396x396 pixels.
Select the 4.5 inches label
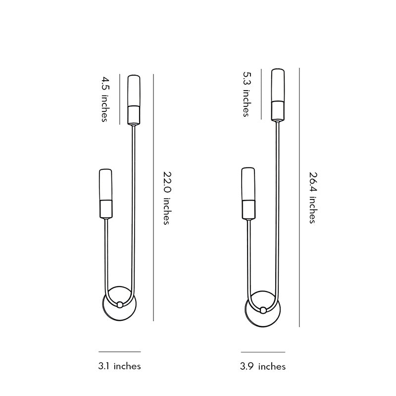(x=104, y=99)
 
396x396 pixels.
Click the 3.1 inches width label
(x=119, y=366)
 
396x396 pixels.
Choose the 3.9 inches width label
(x=263, y=367)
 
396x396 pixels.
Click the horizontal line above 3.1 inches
(x=119, y=351)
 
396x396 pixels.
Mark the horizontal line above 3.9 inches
(x=263, y=352)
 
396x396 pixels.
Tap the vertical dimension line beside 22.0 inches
(x=154, y=198)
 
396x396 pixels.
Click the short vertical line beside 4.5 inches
(x=120, y=99)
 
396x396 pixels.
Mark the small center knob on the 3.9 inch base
(x=263, y=310)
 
